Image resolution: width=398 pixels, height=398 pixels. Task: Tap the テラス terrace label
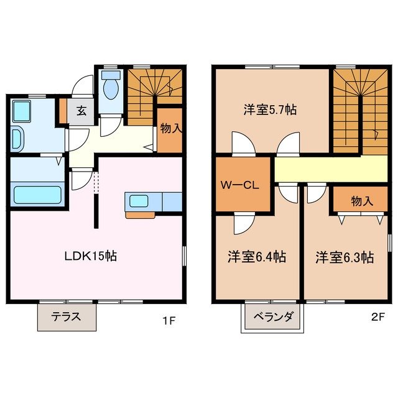pos(67,317)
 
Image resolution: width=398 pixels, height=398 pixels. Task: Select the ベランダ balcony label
pos(274,317)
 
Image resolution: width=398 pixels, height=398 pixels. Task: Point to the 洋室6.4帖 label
pos(256,256)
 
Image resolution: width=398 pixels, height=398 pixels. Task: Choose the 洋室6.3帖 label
pos(344,256)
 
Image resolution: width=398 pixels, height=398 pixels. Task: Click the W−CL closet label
pos(239,185)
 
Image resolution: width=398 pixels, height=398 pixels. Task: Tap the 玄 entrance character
pos(81,112)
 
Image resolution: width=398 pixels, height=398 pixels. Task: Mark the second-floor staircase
pos(360,109)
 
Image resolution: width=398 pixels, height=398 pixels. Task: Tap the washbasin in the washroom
pos(17,136)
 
